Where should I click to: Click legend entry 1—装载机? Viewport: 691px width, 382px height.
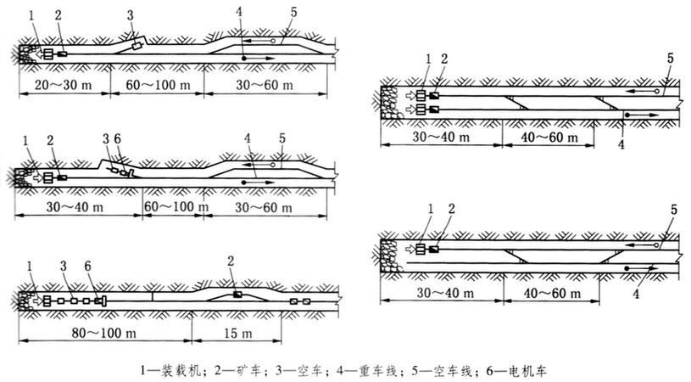click(x=173, y=370)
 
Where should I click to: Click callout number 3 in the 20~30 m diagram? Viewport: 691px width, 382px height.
click(x=129, y=16)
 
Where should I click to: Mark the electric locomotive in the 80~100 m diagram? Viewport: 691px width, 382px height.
click(x=99, y=301)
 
